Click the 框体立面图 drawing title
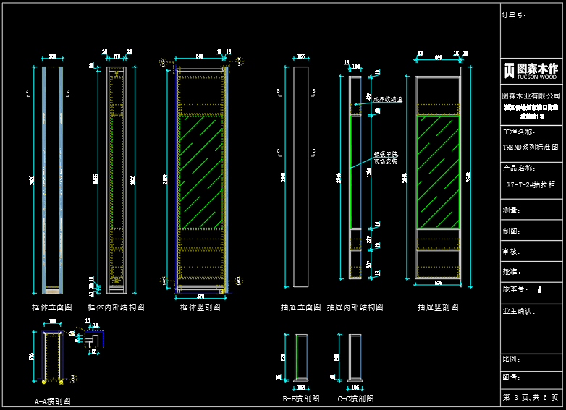point(52,307)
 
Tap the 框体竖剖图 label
point(199,307)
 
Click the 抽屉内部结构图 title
point(355,307)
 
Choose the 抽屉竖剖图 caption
point(438,307)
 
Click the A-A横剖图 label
point(52,401)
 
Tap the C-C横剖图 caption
point(355,398)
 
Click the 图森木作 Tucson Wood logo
point(531,70)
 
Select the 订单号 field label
point(513,14)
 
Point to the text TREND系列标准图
point(531,147)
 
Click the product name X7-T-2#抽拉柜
point(531,184)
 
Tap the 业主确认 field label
point(519,312)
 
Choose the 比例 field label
point(511,359)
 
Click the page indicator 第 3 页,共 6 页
point(531,398)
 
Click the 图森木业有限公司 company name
point(531,95)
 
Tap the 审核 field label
point(511,252)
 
